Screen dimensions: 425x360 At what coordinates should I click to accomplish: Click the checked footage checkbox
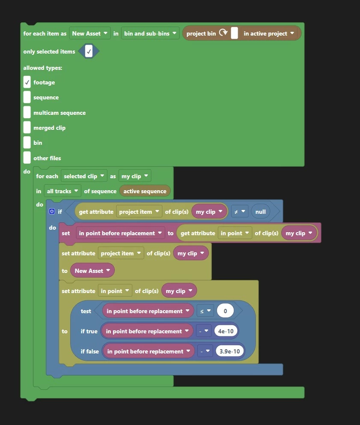pyautogui.click(x=27, y=82)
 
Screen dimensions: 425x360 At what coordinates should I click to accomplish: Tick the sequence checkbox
pyautogui.click(x=27, y=97)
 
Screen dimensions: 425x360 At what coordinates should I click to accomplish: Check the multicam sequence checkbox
pyautogui.click(x=27, y=113)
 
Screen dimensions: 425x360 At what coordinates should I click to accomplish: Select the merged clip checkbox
pyautogui.click(x=27, y=128)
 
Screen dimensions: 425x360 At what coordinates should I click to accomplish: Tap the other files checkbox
pyautogui.click(x=27, y=158)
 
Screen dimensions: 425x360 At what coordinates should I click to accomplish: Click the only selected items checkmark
pyautogui.click(x=89, y=51)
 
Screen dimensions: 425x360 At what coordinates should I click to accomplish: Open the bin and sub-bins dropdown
pyautogui.click(x=150, y=33)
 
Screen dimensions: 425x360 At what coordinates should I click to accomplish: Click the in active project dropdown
pyautogui.click(x=269, y=33)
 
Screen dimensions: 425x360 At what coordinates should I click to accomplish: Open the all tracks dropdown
pyautogui.click(x=62, y=191)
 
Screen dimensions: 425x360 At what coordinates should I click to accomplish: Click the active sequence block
pyautogui.click(x=145, y=191)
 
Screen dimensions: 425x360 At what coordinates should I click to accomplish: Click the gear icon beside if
pyautogui.click(x=52, y=211)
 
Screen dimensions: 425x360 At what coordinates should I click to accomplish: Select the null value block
pyautogui.click(x=260, y=212)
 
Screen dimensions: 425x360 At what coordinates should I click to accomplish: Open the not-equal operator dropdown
pyautogui.click(x=240, y=212)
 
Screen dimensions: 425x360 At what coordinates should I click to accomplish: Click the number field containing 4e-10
pyautogui.click(x=226, y=331)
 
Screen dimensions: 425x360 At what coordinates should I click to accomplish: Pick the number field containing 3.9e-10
pyautogui.click(x=230, y=351)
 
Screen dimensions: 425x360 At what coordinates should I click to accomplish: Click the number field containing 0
pyautogui.click(x=226, y=311)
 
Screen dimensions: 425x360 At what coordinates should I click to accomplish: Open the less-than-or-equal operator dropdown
pyautogui.click(x=205, y=311)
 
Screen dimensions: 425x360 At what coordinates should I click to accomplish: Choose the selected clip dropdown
pyautogui.click(x=84, y=176)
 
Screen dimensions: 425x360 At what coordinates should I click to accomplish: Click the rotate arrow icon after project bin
pyautogui.click(x=223, y=33)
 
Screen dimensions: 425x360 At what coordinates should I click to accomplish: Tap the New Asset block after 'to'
pyautogui.click(x=92, y=271)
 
